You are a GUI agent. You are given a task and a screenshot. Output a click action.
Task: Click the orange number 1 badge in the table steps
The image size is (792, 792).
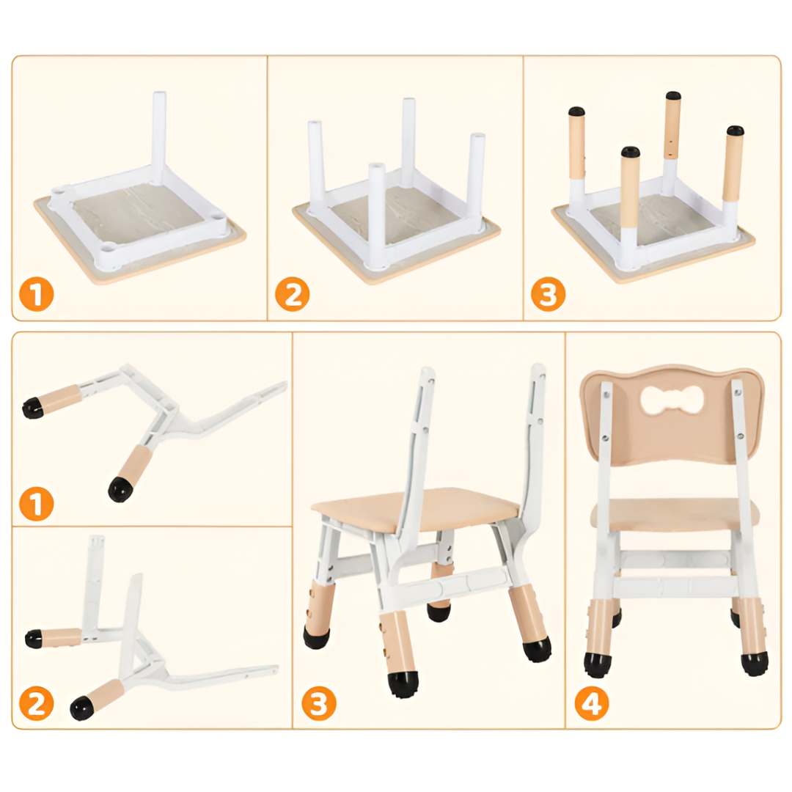pyautogui.click(x=37, y=295)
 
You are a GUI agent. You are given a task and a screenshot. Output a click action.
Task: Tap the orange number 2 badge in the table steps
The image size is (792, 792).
pyautogui.click(x=293, y=295)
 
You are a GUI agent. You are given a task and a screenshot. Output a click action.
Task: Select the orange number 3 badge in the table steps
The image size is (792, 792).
pyautogui.click(x=548, y=295)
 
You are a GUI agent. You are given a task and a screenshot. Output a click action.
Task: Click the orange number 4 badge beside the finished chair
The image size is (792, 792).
pyautogui.click(x=592, y=703)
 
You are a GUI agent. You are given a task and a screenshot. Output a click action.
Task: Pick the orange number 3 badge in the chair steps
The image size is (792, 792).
pyautogui.click(x=319, y=703)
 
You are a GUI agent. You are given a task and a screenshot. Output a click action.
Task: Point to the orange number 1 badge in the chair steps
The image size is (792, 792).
pyautogui.click(x=37, y=504)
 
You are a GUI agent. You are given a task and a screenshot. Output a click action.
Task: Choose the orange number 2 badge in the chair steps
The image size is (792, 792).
pyautogui.click(x=37, y=703)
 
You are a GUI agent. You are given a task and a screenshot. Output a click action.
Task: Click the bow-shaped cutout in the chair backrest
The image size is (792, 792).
pyautogui.click(x=671, y=400)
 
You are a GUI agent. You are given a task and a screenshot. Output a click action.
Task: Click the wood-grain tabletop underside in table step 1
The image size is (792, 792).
pyautogui.click(x=146, y=212)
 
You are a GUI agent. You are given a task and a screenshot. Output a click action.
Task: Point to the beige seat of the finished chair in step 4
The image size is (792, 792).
pyautogui.click(x=675, y=513)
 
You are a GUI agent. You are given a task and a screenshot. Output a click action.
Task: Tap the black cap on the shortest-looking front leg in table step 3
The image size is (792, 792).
pyautogui.click(x=631, y=152)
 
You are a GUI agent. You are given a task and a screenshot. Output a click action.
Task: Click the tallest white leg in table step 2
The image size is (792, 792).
pyautogui.click(x=408, y=142)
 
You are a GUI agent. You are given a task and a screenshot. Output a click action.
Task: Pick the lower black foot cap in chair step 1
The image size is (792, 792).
pyautogui.click(x=120, y=488)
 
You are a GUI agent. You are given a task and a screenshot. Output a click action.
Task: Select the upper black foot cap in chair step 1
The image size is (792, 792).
pyautogui.click(x=33, y=407)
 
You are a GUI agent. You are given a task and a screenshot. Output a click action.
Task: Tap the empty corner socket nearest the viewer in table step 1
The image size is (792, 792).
pyautogui.click(x=108, y=249)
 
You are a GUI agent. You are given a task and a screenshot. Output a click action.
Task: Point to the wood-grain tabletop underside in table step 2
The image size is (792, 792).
pyautogui.click(x=399, y=215)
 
